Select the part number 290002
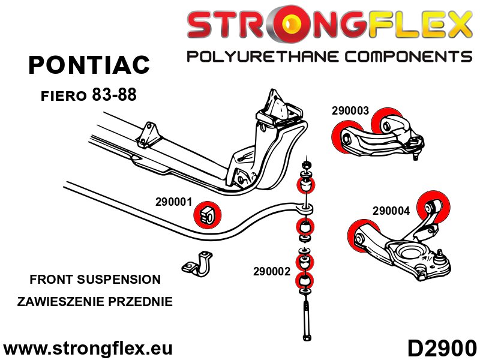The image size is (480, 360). tap(272, 271)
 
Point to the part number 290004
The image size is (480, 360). tap(391, 211)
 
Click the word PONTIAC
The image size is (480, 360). tap(89, 65)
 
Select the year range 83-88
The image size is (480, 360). tap(119, 94)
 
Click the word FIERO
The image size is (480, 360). tap(64, 95)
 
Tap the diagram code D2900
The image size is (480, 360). tap(442, 348)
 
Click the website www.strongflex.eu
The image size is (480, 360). tap(88, 348)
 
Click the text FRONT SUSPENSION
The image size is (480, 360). tap(95, 279)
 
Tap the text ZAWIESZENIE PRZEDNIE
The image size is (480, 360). tap(95, 301)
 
